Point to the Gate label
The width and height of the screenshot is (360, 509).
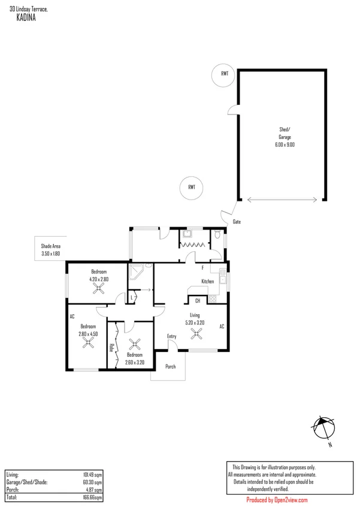(237, 222)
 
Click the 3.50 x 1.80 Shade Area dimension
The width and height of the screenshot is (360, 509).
(51, 254)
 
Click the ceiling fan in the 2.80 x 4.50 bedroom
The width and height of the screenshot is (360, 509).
(88, 344)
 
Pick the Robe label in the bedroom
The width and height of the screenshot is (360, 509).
(112, 347)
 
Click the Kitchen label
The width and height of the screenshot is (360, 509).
(207, 281)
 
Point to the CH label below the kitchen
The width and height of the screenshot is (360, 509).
(198, 301)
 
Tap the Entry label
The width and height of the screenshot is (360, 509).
(172, 336)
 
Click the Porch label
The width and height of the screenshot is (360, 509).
(170, 366)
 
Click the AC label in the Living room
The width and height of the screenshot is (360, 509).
(221, 327)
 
